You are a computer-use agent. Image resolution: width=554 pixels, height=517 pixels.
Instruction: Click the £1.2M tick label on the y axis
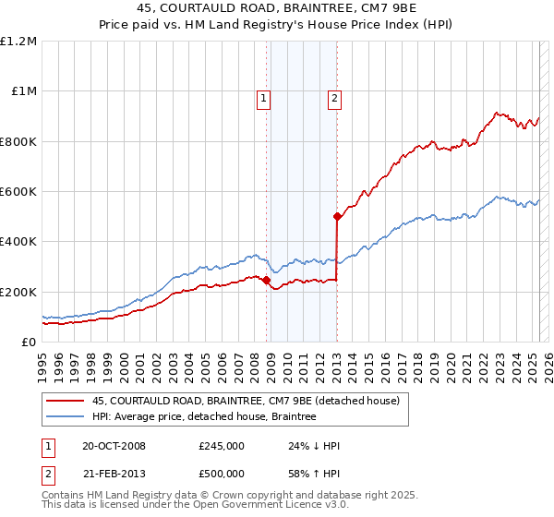pos(19,42)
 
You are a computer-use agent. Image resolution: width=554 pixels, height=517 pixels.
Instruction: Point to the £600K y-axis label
pos(19,192)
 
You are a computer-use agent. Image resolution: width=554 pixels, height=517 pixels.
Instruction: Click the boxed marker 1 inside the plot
pos(264,99)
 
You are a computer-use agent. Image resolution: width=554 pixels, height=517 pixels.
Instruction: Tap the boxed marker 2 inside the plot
pos(334,99)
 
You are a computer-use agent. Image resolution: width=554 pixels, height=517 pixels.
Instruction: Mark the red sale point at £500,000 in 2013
pos(337,217)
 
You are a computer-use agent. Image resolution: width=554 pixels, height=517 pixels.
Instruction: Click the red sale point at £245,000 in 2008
pos(266,281)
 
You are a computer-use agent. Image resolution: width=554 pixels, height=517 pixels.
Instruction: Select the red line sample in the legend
pos(65,401)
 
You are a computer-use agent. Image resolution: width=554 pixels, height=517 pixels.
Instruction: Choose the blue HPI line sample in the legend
pos(65,417)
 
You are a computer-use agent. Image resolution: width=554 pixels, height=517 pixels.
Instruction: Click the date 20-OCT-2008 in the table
pos(114,446)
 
